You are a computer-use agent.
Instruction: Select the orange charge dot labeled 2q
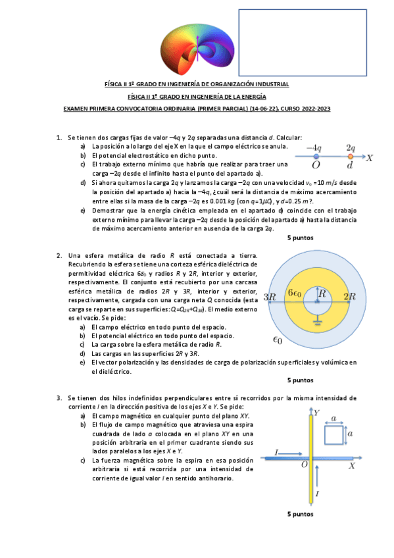pyautogui.click(x=351, y=157)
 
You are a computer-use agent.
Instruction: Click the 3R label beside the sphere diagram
pyautogui.click(x=268, y=297)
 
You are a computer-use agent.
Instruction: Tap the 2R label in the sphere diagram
pyautogui.click(x=349, y=297)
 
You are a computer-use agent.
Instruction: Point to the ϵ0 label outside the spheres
pyautogui.click(x=278, y=341)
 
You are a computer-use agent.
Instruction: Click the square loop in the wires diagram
pyautogui.click(x=333, y=435)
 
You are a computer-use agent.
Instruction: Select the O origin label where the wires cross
pyautogui.click(x=305, y=465)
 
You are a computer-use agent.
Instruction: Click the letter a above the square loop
pyautogui.click(x=334, y=419)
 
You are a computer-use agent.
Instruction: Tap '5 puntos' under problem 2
pyautogui.click(x=301, y=380)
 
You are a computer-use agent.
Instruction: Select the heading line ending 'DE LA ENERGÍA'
pyautogui.click(x=197, y=96)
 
